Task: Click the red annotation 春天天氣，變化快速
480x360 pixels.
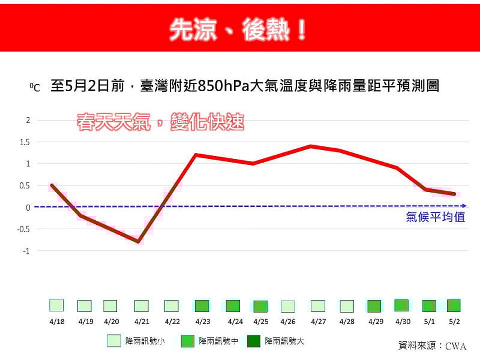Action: tap(161, 122)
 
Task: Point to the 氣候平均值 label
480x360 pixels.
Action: tap(436, 217)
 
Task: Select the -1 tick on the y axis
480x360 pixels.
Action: tap(25, 251)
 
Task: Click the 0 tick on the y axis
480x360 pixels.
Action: tap(28, 208)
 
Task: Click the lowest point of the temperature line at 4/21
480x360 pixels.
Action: tap(139, 242)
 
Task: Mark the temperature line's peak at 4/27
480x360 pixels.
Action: tap(310, 146)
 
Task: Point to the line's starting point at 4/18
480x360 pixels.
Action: tap(52, 185)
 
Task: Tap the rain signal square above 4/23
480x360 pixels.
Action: tap(202, 305)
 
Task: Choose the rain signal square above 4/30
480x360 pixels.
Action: tap(401, 305)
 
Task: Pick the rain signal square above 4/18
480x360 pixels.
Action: tap(56, 305)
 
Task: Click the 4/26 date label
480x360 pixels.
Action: tap(287, 322)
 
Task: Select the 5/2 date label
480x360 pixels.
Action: tap(454, 322)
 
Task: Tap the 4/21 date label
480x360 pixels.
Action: tap(141, 322)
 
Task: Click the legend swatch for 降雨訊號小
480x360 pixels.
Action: tap(114, 341)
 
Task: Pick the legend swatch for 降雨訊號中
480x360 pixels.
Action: tap(188, 341)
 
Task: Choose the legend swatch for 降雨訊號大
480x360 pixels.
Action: tap(254, 341)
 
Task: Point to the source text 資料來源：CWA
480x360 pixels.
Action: tap(432, 346)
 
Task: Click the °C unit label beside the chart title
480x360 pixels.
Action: tap(34, 88)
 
